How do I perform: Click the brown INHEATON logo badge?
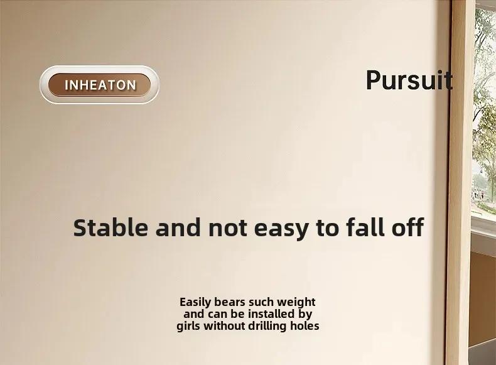pos(99,85)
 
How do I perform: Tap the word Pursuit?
pos(409,80)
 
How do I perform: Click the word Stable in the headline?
pos(111,227)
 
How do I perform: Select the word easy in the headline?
pos(281,229)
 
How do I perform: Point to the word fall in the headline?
pos(366,227)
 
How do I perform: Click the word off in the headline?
pos(408,227)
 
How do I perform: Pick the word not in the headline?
pos(228,228)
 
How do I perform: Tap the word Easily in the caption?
pos(195,302)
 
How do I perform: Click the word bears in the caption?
pos(230,302)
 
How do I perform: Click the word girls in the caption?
pos(188,326)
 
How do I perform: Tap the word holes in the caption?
pos(305,326)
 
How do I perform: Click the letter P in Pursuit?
pos(374,80)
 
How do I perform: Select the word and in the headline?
pos(178,227)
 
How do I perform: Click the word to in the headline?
pos(328,228)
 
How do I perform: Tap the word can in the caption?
pos(217,314)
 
